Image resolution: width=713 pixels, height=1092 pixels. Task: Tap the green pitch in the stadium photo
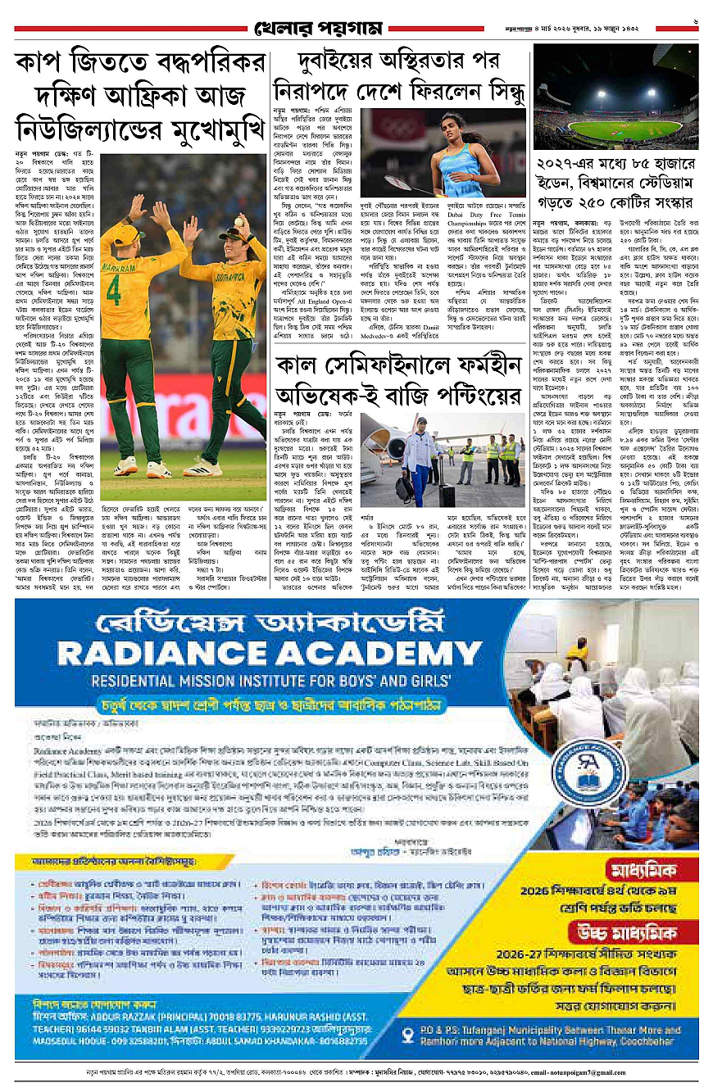tap(626, 129)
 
